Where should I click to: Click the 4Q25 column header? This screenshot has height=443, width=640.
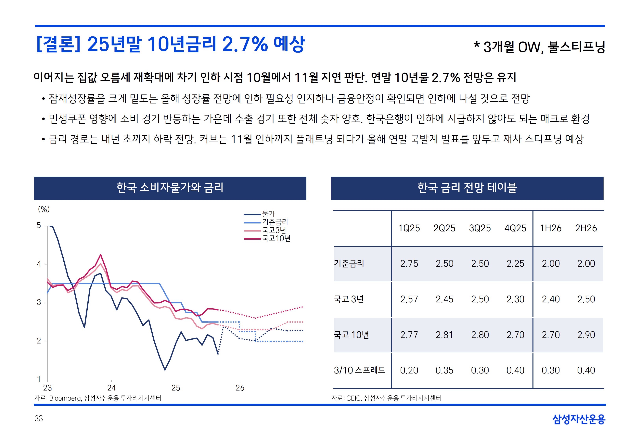coord(515,228)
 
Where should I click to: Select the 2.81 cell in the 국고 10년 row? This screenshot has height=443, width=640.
coord(444,335)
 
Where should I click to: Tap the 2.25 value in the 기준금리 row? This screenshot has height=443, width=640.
coord(515,263)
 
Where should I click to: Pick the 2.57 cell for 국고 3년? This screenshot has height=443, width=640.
coord(409,299)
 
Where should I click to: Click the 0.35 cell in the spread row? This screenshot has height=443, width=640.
coord(444,370)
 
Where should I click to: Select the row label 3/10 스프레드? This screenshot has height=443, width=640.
coord(359,370)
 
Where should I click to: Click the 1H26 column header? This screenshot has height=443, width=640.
coord(550,228)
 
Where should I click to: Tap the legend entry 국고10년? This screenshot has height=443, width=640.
coord(276,238)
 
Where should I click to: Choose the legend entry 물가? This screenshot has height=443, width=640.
coord(268,214)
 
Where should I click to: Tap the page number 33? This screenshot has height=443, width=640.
coord(39,419)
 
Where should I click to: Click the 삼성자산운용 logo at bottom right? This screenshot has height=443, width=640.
coord(579,419)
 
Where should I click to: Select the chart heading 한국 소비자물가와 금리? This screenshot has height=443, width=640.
coord(170,188)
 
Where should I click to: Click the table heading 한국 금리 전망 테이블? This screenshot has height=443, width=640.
coord(467,188)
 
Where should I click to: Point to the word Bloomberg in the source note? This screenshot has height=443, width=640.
coord(65,398)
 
